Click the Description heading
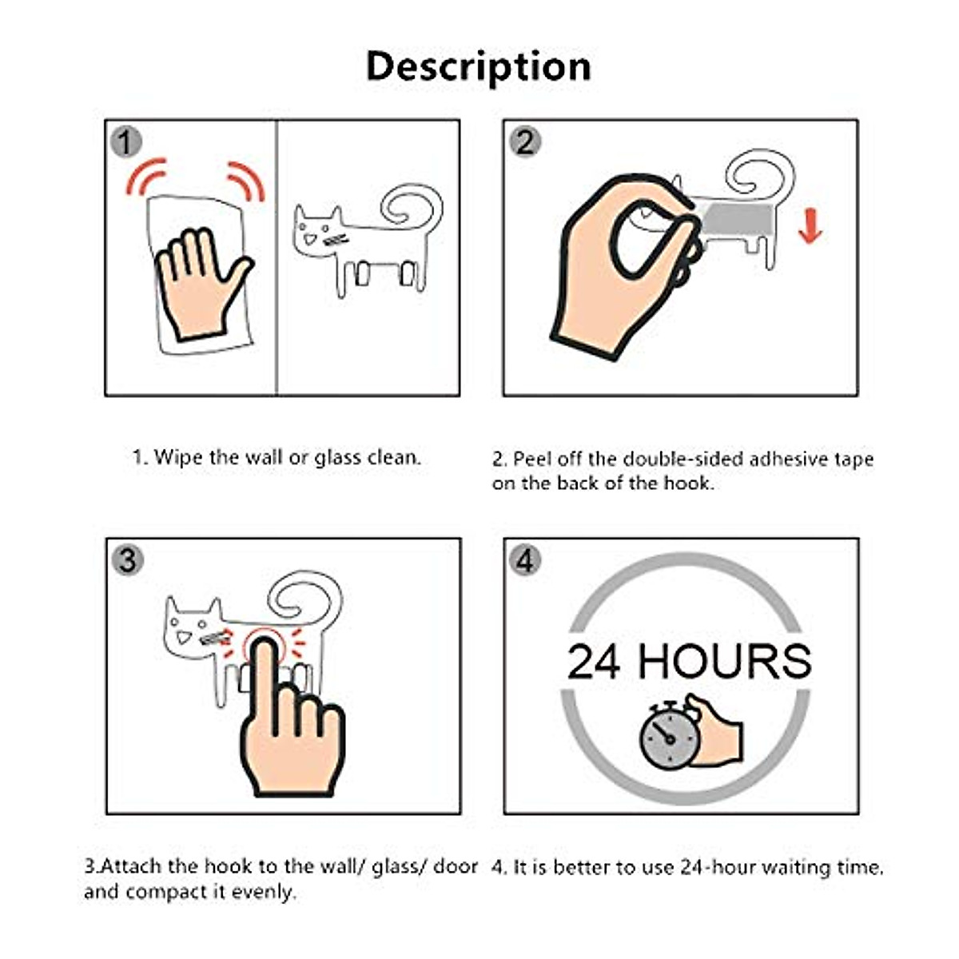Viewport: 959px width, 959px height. click(x=478, y=66)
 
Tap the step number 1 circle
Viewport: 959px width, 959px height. click(x=125, y=142)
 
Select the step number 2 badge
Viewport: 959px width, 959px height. click(x=524, y=142)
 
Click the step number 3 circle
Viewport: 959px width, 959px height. click(x=126, y=559)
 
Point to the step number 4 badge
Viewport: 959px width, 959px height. click(x=524, y=559)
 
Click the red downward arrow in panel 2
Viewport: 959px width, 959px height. click(x=810, y=225)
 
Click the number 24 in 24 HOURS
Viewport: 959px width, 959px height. click(x=594, y=662)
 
